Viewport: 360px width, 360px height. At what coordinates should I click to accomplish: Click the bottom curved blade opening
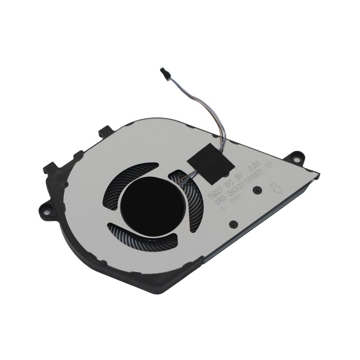[144, 239]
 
